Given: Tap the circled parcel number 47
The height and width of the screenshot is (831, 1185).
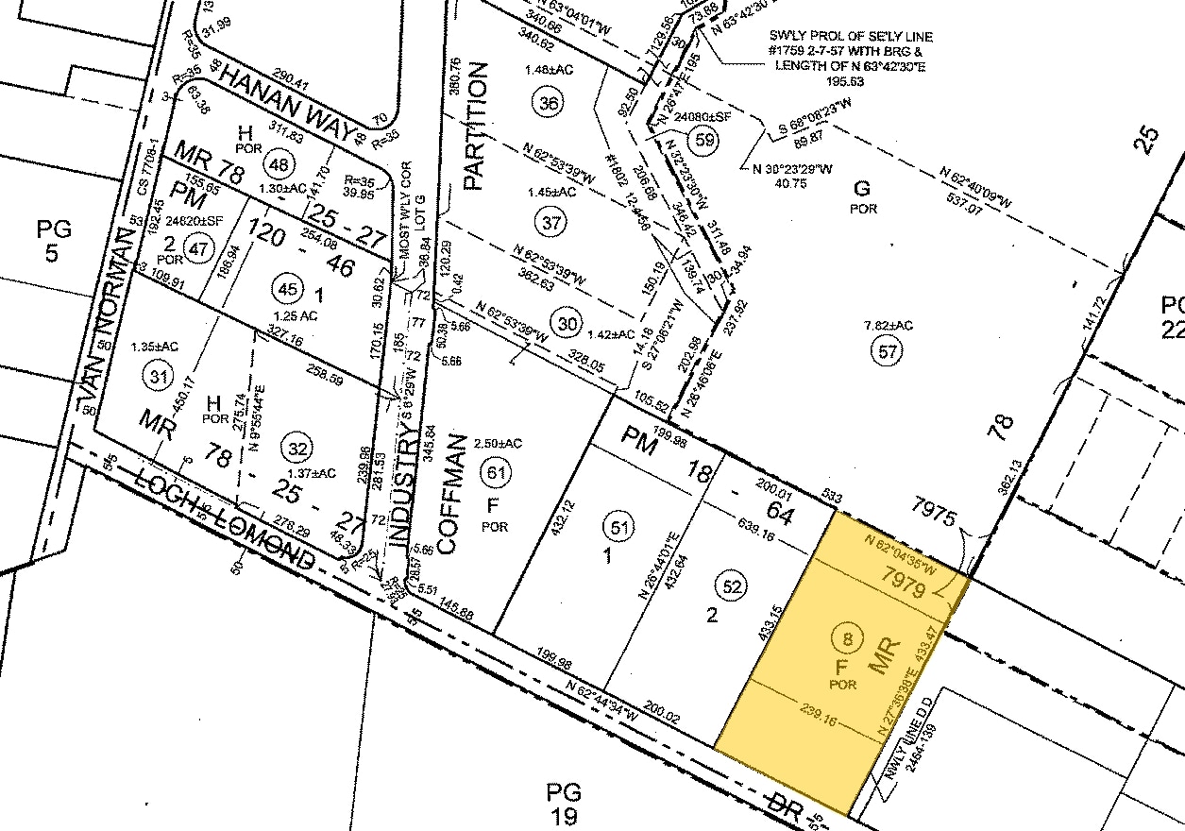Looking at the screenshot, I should pos(198,250).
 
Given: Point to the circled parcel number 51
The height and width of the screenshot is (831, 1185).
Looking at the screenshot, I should pos(618,527).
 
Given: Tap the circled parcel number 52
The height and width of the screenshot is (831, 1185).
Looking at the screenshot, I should pos(733,585).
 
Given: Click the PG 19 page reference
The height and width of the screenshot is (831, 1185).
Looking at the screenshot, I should pos(564,804).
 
